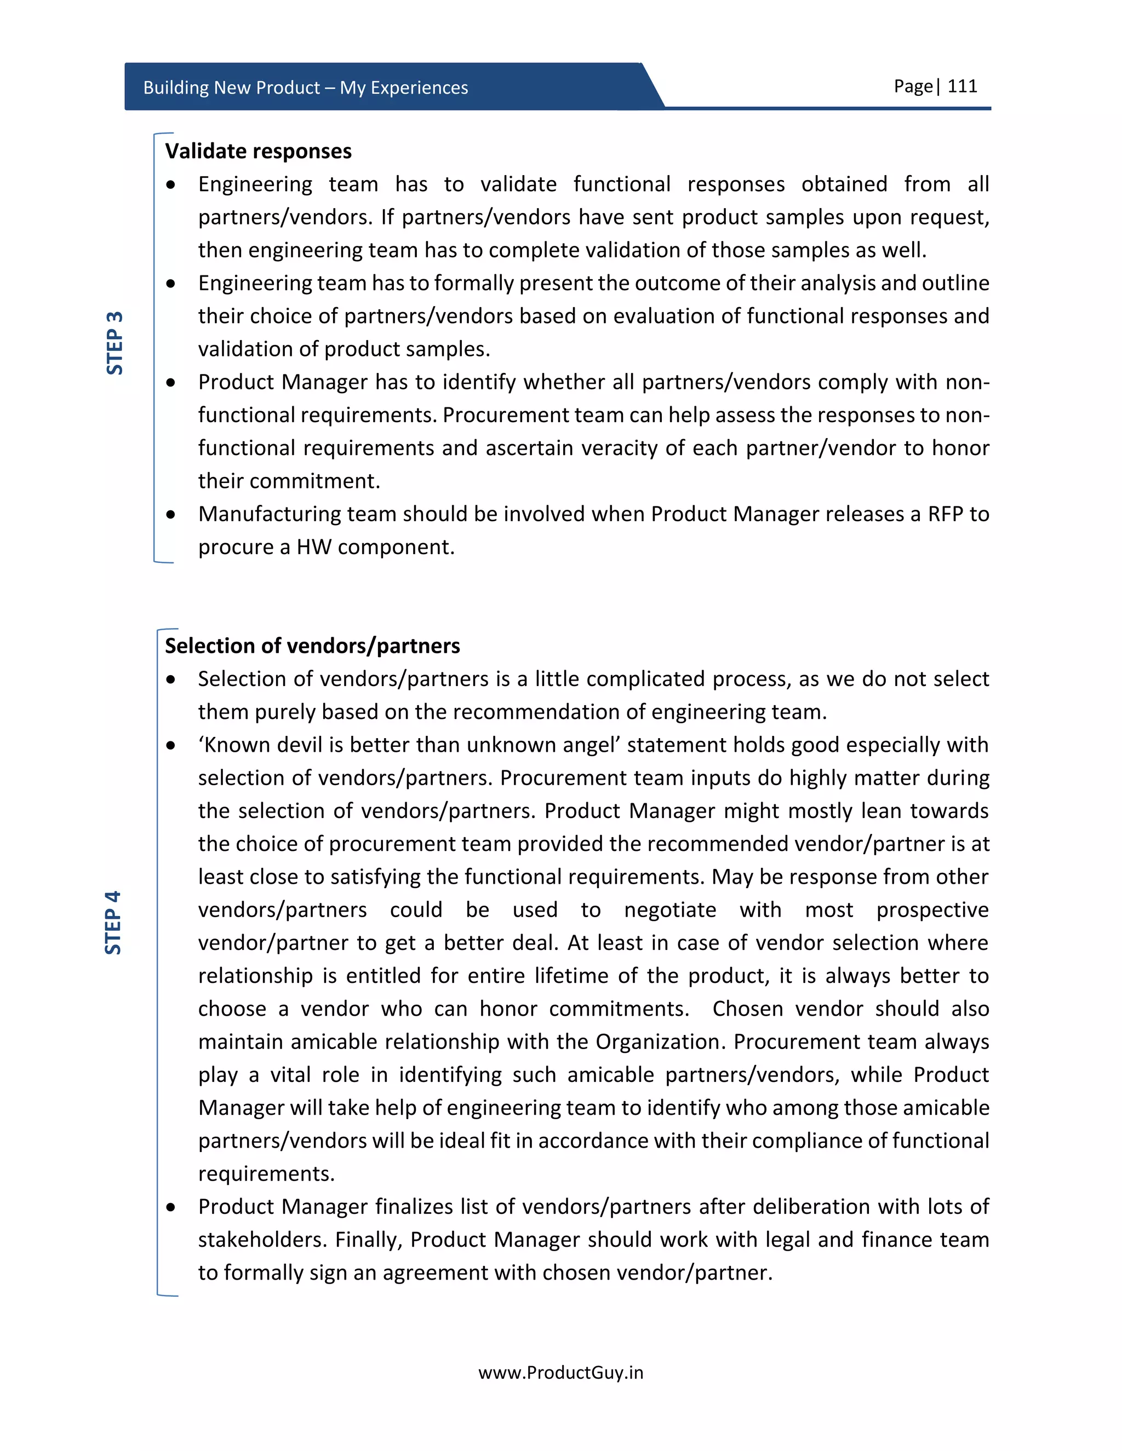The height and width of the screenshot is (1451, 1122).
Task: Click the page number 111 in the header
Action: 962,87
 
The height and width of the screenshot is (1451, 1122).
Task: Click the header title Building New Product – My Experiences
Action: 305,88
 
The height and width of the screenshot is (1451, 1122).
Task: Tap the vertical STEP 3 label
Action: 115,342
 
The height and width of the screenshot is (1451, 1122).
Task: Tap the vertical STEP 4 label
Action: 113,922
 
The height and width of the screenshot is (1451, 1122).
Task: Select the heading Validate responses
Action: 258,152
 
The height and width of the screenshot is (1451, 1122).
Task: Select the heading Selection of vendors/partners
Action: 312,646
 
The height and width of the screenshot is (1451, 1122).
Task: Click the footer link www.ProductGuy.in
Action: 560,1373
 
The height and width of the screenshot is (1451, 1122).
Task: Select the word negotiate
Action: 670,909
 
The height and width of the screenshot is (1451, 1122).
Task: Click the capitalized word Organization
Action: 657,1042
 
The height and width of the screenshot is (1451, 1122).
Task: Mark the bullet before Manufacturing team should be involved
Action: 171,514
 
